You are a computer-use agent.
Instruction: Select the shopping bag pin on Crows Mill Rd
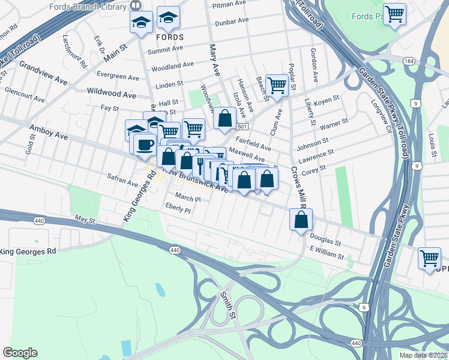(x=301, y=220)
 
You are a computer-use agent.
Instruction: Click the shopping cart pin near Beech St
(x=277, y=85)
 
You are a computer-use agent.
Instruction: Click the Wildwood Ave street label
(x=112, y=94)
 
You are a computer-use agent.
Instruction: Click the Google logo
(x=20, y=353)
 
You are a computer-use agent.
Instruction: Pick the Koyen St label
(x=327, y=102)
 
